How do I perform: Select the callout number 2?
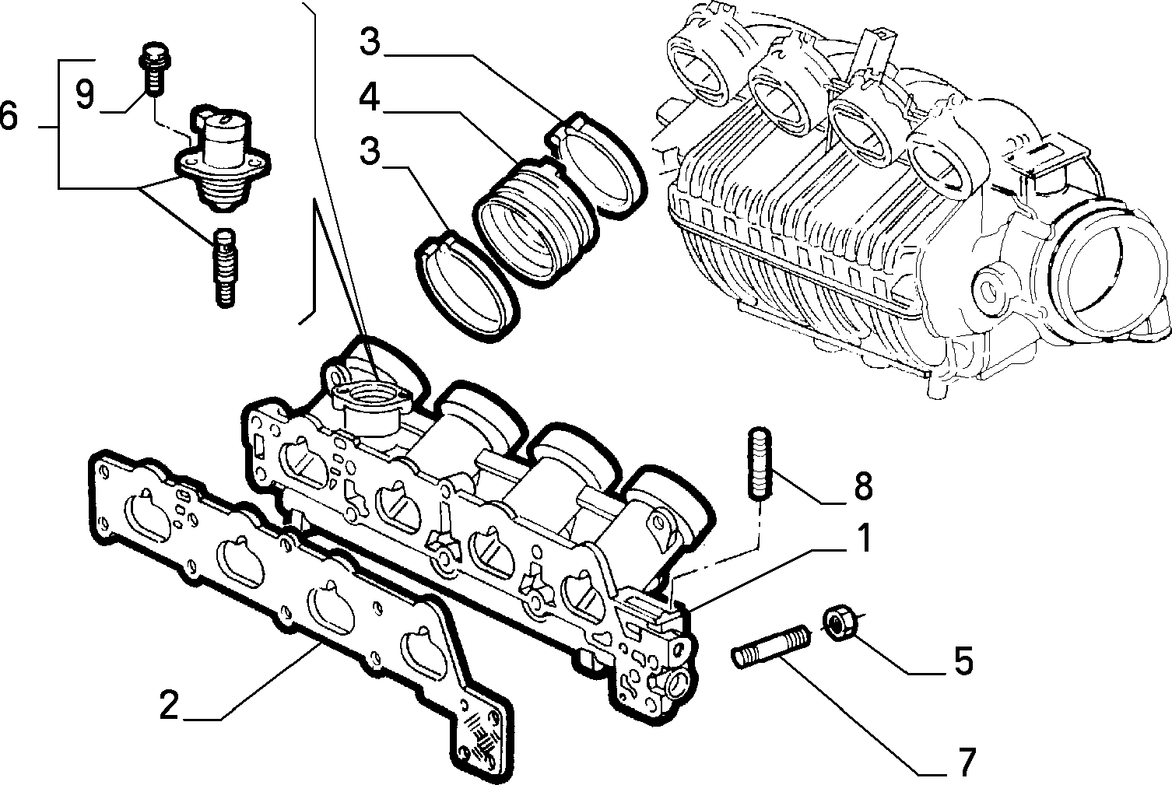click(170, 706)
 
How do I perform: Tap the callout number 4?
click(370, 100)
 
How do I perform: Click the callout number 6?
click(8, 117)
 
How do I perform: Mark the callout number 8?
click(862, 487)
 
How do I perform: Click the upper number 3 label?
click(370, 43)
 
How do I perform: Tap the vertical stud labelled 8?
click(759, 464)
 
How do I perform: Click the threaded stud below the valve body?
click(224, 267)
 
